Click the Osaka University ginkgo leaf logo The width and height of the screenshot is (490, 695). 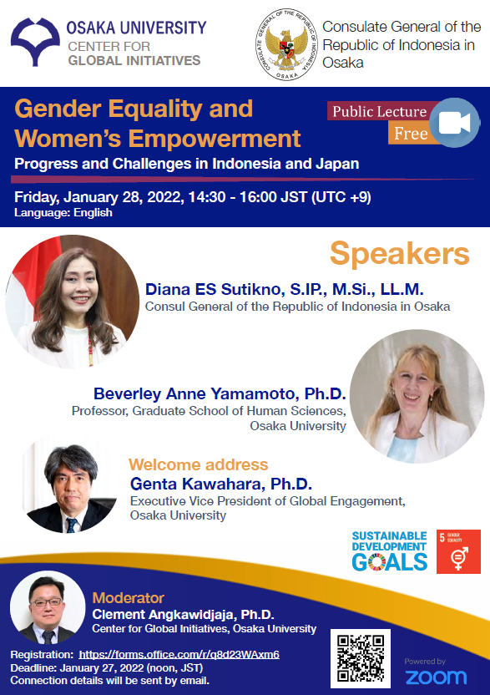coord(35,41)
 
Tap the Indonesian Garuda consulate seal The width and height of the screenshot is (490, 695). coord(286,44)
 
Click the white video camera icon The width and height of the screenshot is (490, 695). coord(454,122)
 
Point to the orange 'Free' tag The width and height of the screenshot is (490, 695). coord(411,133)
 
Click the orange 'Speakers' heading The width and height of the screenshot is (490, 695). coord(400,254)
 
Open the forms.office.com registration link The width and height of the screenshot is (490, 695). coord(179,655)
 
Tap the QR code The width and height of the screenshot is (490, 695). coord(361,658)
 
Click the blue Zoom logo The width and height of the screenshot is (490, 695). coord(436,677)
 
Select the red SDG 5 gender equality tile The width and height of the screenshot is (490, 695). coord(458,551)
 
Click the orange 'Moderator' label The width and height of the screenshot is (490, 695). coord(128,598)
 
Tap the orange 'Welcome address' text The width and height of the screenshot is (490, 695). coord(199,464)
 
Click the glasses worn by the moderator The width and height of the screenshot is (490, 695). coord(46,602)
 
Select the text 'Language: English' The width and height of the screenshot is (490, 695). coord(63,213)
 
